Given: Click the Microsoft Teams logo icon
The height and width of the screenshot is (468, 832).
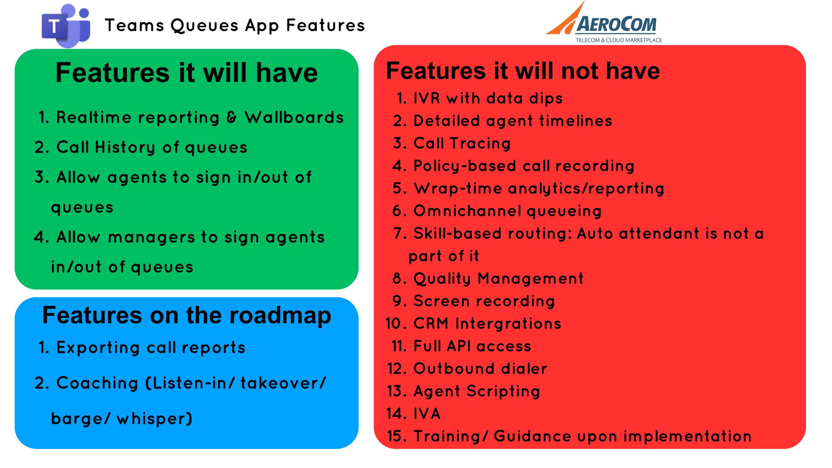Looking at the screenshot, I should pos(66,26).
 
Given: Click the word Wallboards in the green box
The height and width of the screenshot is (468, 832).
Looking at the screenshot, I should pos(294,117).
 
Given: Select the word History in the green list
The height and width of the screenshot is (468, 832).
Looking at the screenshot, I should pos(125,147).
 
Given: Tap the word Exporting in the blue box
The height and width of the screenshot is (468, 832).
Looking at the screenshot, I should pos(98,348).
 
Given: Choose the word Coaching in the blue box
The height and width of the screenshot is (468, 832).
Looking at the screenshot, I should pos(97,383).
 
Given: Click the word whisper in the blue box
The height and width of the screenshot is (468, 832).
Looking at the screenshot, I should pos(154,419).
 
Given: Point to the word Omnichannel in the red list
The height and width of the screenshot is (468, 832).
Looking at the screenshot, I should pos(467,211).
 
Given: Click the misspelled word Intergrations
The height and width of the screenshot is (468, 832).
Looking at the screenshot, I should pos(508,324).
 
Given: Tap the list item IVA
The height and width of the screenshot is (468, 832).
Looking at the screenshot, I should pos(427,414).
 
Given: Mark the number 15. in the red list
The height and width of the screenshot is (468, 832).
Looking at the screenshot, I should pos(397,436).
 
